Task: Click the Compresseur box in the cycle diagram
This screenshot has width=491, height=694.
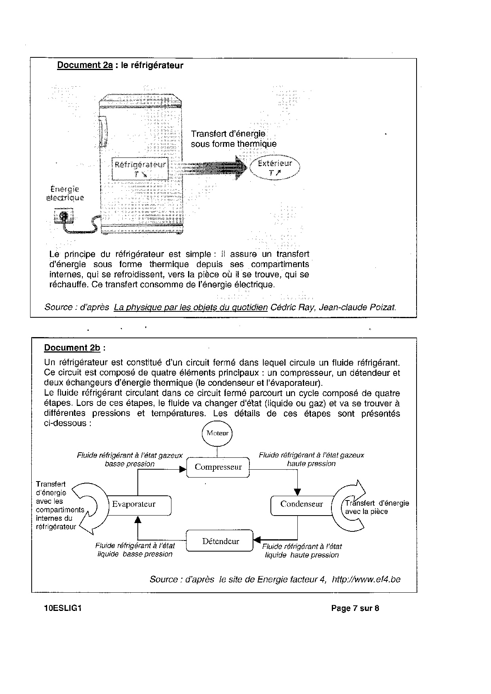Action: coord(218,467)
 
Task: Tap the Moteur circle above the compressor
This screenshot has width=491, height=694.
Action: coord(217,433)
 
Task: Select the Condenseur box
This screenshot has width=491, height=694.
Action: coord(301,504)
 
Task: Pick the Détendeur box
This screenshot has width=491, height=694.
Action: coord(220,541)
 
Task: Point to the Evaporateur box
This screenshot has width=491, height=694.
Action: coord(134,504)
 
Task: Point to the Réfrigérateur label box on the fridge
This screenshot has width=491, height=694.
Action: coord(140,169)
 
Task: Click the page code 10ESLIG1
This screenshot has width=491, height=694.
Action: coord(63,609)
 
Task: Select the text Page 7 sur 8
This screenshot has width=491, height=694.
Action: coord(355,609)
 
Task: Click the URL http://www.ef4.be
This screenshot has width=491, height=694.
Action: coord(366,580)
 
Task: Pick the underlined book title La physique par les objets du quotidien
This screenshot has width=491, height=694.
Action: coord(190,307)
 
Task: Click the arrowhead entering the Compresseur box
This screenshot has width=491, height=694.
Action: coord(183,469)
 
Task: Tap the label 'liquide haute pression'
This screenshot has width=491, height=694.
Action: coord(302,555)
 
